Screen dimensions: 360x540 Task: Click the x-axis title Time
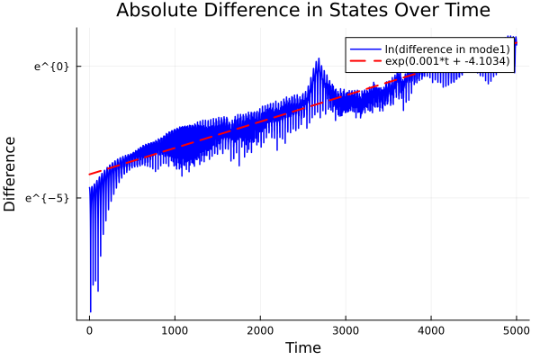[302, 347]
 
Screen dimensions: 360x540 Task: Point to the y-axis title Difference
[11, 174]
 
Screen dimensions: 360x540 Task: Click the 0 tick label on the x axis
[89, 329]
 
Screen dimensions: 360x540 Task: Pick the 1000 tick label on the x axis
[175, 329]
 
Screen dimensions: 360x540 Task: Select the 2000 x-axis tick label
[260, 329]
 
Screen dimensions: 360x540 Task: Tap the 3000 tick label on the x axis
[346, 329]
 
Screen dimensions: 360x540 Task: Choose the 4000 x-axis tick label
[431, 329]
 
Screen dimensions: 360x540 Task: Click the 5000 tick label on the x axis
[516, 329]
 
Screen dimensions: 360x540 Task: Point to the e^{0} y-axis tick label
[51, 66]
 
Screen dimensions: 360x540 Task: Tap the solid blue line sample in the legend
[364, 49]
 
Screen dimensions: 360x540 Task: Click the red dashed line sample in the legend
[364, 61]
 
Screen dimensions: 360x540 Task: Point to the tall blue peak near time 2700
[318, 59]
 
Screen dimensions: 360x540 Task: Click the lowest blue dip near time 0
[90, 311]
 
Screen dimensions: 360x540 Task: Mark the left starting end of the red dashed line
[89, 175]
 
